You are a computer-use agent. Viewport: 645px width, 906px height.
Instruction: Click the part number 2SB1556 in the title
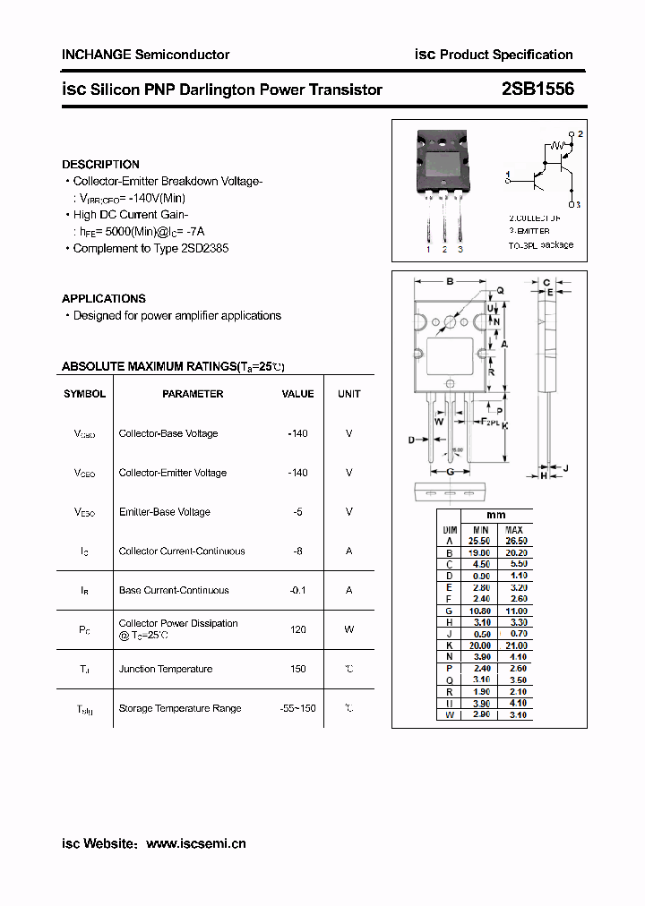click(x=538, y=90)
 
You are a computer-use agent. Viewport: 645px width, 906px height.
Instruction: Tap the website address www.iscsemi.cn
click(x=195, y=843)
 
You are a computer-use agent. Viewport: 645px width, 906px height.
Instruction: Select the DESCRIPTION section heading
click(x=100, y=165)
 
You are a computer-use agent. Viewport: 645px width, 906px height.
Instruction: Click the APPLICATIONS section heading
click(x=103, y=299)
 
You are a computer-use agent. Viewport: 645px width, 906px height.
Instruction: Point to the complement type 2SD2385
click(x=204, y=248)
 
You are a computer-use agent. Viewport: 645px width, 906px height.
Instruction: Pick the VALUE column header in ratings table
click(x=297, y=394)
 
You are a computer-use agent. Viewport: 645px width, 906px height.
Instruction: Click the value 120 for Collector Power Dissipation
click(x=297, y=629)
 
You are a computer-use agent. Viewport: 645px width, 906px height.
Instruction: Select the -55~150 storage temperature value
click(x=297, y=708)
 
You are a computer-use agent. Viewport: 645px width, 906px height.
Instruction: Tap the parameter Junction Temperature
click(x=166, y=669)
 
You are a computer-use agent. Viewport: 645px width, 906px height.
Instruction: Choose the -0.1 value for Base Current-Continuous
click(x=297, y=590)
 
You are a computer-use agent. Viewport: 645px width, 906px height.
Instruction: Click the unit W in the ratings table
click(x=349, y=629)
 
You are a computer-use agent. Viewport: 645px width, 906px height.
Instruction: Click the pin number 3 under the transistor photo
click(x=460, y=249)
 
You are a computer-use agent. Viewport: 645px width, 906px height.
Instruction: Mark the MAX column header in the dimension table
click(x=514, y=529)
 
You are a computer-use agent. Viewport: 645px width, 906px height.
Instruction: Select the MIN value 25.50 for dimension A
click(x=480, y=541)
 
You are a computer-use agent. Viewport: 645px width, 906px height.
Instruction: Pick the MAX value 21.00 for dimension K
click(x=515, y=645)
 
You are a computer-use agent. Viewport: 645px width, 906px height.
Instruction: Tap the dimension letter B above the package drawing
click(x=450, y=281)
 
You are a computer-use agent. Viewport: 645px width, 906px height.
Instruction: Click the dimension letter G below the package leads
click(x=450, y=471)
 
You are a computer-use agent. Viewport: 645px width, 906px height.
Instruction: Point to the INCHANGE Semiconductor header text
click(x=145, y=55)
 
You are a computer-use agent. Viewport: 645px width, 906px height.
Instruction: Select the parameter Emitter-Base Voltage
click(x=165, y=512)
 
